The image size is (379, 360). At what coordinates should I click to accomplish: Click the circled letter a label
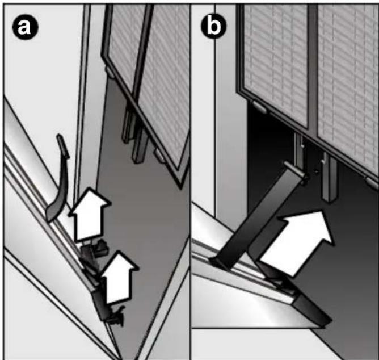[x=25, y=27]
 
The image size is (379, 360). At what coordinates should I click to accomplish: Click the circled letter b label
[x=213, y=26]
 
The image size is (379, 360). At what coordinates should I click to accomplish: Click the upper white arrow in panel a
[x=89, y=214]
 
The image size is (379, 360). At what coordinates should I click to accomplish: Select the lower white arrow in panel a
[x=119, y=277]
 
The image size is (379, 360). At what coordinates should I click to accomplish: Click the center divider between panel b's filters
[x=313, y=68]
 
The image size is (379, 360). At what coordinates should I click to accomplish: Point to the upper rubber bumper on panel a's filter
[x=110, y=73]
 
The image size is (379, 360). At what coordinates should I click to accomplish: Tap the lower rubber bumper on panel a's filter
[x=159, y=156]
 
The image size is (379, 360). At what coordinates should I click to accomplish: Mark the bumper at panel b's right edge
[x=372, y=183]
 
